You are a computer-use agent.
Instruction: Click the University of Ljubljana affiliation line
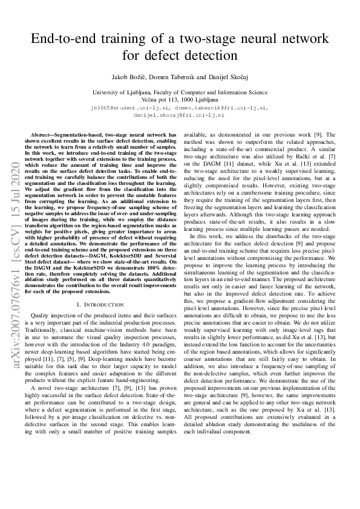[x=180, y=92]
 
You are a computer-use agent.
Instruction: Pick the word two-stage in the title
[x=198, y=41]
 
